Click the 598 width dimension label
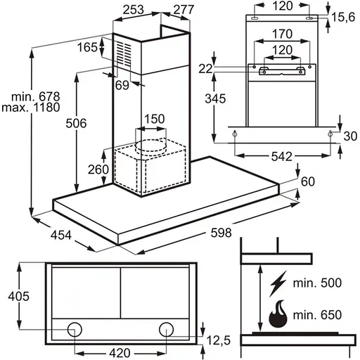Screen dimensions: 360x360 click(x=221, y=233)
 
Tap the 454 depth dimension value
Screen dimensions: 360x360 click(x=61, y=235)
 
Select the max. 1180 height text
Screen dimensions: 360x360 click(x=31, y=108)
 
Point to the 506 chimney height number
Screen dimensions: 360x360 click(x=76, y=123)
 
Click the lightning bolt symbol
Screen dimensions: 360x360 click(x=278, y=283)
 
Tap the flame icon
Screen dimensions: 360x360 click(x=278, y=314)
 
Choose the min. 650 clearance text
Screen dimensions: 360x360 click(x=317, y=315)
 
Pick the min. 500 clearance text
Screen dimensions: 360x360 click(x=317, y=283)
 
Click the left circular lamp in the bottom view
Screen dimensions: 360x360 click(x=75, y=329)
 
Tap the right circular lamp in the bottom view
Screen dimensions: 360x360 click(x=166, y=329)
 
